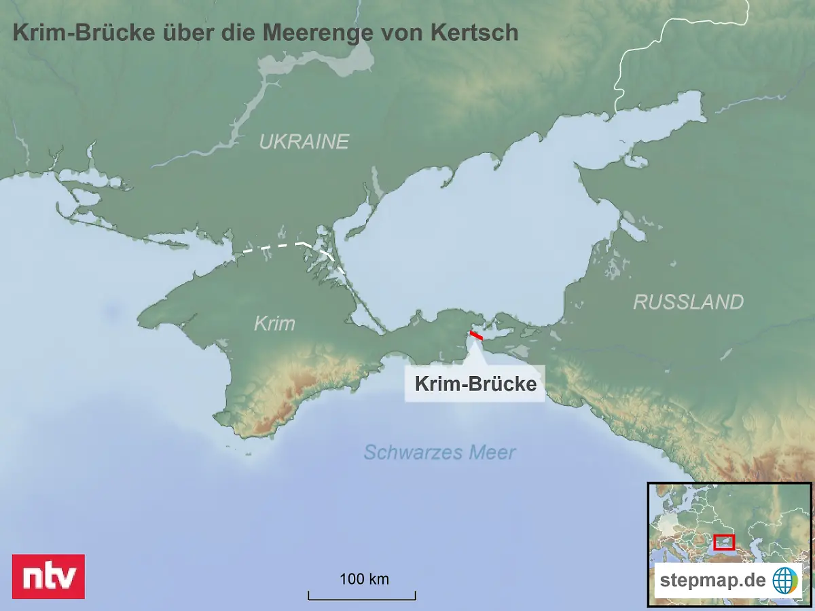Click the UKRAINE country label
point(304,142)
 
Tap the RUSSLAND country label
point(688,302)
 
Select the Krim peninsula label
point(274,323)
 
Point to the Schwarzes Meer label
point(439,452)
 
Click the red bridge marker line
point(476,335)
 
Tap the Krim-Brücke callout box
point(475,384)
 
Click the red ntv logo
point(48,576)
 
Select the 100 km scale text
point(364,579)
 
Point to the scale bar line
point(362,599)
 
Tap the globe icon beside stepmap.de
point(785,580)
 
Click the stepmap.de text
point(713,580)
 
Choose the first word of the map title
point(83,33)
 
